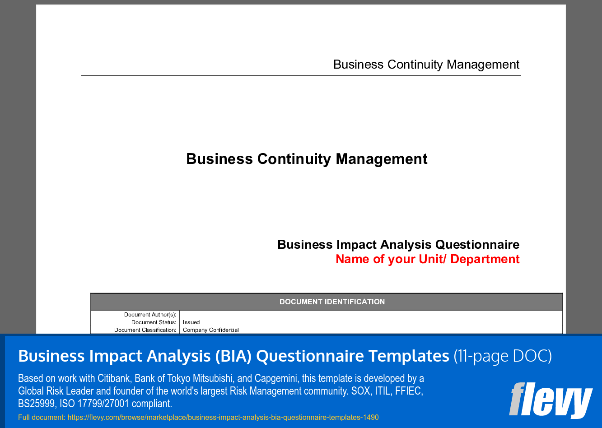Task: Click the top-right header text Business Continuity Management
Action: coord(426,65)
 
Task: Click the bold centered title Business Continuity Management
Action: coord(307,159)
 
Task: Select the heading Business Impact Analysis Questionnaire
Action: coord(398,245)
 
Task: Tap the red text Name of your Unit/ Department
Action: coord(428,259)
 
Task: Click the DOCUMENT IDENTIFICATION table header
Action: coord(332,302)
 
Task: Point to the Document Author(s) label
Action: coord(150,315)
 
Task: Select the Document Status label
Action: coord(154,322)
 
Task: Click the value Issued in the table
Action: coord(191,322)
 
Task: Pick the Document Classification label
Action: coord(145,330)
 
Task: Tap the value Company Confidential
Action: coord(211,330)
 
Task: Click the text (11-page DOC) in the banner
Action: coord(503,356)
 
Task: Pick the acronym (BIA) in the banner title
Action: coord(233,356)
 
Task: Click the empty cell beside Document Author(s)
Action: coord(370,315)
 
